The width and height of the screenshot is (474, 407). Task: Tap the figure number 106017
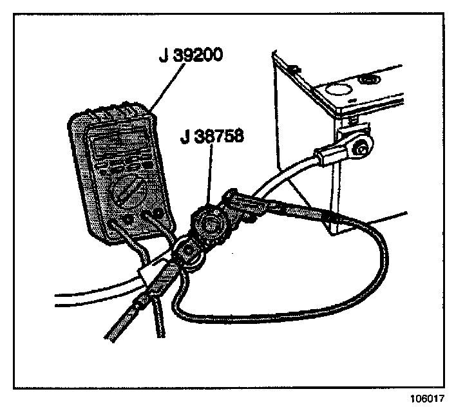pos(426,398)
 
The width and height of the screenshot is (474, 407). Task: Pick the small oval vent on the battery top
pos(370,80)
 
